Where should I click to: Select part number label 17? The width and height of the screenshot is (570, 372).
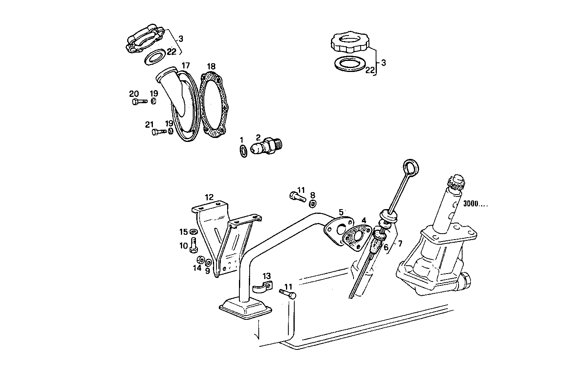186,65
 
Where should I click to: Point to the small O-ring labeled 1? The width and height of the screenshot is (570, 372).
244,151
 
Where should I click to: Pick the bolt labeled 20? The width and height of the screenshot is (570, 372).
138,102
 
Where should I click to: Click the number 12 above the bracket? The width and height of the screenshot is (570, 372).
209,196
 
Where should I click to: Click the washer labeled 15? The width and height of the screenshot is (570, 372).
194,232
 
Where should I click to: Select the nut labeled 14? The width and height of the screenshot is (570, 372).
200,260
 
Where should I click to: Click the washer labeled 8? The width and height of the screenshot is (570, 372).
312,204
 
